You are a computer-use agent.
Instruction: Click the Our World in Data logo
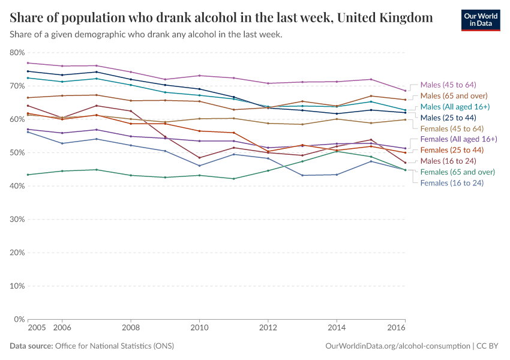click(480, 20)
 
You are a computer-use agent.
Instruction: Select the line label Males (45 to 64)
click(448, 85)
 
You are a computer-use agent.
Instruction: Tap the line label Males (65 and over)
click(454, 95)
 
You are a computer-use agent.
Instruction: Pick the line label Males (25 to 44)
click(448, 118)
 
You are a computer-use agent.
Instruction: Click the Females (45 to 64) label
click(452, 128)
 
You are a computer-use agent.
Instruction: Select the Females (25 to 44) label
click(452, 150)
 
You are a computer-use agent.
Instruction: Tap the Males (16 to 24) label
click(448, 161)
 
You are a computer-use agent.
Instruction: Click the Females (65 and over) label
click(457, 172)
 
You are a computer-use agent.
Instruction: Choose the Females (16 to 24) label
click(452, 182)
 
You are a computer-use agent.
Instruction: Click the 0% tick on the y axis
click(18, 319)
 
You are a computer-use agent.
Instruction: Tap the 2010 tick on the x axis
click(199, 328)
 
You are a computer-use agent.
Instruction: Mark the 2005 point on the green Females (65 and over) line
click(28, 175)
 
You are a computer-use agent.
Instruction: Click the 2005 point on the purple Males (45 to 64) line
click(28, 63)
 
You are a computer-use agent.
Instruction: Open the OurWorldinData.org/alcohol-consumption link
click(397, 346)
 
